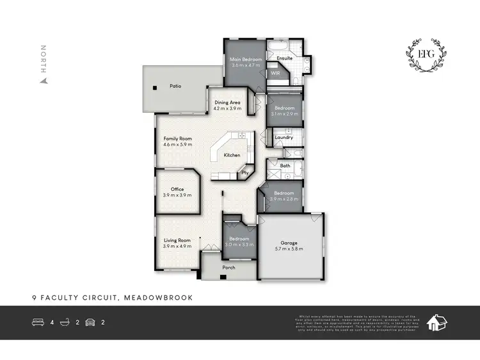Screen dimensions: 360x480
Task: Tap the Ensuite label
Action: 285,58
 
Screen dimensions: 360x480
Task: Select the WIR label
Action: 276,73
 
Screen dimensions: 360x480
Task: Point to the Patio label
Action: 175,85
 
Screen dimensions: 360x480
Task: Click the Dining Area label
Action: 227,102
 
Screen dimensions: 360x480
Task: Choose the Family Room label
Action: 177,139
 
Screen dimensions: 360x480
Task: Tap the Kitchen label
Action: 232,156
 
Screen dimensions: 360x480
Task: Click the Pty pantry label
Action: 244,172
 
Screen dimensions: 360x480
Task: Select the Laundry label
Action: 284,137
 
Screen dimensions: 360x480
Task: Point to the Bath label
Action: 285,166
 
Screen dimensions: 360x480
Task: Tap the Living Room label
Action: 177,241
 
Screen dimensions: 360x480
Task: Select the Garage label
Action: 290,243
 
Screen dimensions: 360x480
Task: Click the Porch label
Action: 228,268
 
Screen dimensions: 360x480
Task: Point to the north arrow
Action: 44,81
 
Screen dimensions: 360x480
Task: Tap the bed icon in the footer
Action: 38,322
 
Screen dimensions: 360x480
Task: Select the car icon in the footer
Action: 90,322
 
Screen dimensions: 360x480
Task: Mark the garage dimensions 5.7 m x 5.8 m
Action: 290,249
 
